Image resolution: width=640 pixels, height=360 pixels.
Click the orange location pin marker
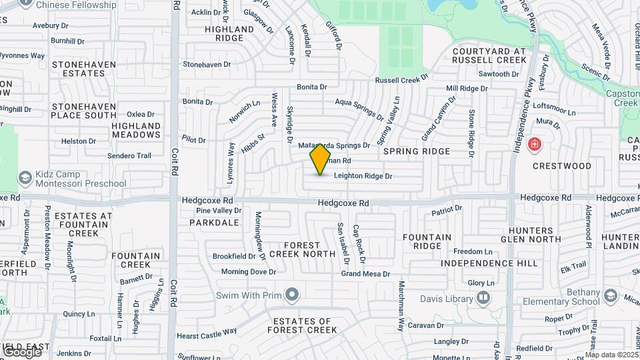click(321, 159)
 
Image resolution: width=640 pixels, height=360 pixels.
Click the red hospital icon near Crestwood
click(535, 144)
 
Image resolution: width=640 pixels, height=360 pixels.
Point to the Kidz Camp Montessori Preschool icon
click(25, 177)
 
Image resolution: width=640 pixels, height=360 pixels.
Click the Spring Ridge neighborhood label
click(417, 151)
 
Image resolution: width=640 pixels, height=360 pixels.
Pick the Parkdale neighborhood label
click(214, 223)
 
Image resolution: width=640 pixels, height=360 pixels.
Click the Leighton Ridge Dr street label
click(363, 176)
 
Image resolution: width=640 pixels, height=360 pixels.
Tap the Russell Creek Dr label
click(401, 80)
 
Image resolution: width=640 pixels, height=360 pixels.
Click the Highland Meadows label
click(136, 130)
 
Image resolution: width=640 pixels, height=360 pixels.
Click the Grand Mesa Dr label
click(365, 274)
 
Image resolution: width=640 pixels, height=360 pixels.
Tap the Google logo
click(21, 351)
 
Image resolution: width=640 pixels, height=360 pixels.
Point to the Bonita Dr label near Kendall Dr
click(312, 87)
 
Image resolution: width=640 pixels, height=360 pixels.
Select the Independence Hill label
click(489, 263)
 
